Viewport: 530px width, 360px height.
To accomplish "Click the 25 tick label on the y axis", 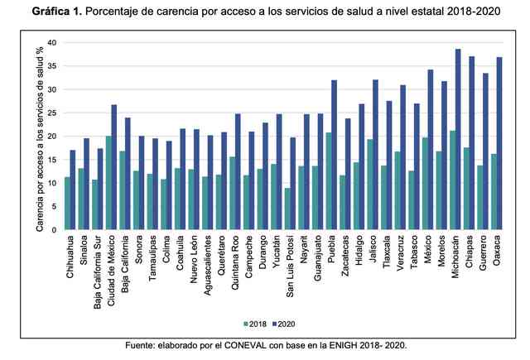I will click(x=51, y=113).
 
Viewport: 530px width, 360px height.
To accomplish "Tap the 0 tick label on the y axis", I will click(x=54, y=229).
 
